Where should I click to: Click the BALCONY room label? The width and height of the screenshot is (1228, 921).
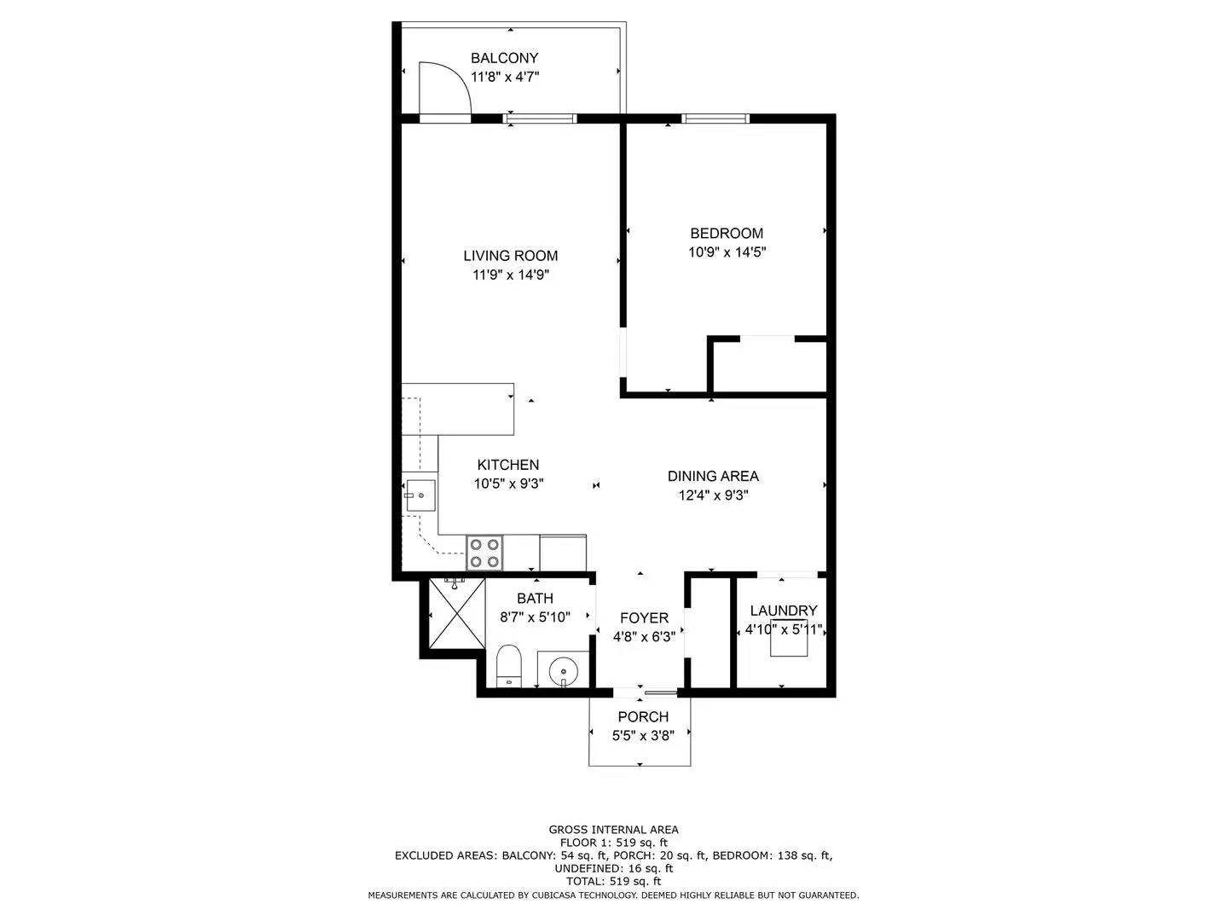(x=504, y=58)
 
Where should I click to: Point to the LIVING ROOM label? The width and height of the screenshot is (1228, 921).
(x=510, y=256)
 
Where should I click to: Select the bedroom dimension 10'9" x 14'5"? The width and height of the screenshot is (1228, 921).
(x=727, y=252)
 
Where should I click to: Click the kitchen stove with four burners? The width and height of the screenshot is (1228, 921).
(x=484, y=553)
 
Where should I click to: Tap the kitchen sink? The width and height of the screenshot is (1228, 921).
(x=420, y=495)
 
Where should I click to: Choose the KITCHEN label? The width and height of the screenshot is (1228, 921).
(x=508, y=465)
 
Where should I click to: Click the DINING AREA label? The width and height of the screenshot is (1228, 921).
(x=713, y=476)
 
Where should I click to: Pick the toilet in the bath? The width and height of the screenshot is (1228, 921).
(x=509, y=666)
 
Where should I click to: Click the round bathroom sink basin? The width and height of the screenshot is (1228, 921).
(x=563, y=670)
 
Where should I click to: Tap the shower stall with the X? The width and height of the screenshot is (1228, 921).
(x=457, y=613)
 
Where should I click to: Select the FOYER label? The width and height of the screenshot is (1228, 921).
(x=644, y=618)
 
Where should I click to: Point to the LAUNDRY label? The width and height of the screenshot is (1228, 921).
(x=783, y=611)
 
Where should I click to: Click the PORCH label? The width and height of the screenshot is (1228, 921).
(x=643, y=717)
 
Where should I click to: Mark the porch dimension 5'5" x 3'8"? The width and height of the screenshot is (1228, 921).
(x=643, y=736)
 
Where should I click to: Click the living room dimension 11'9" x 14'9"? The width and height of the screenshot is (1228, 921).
(x=510, y=275)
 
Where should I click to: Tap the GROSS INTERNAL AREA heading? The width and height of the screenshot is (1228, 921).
(x=613, y=830)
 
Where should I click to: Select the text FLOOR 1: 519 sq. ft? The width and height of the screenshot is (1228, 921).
(x=613, y=843)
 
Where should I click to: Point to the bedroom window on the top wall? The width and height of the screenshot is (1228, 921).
(x=715, y=118)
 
